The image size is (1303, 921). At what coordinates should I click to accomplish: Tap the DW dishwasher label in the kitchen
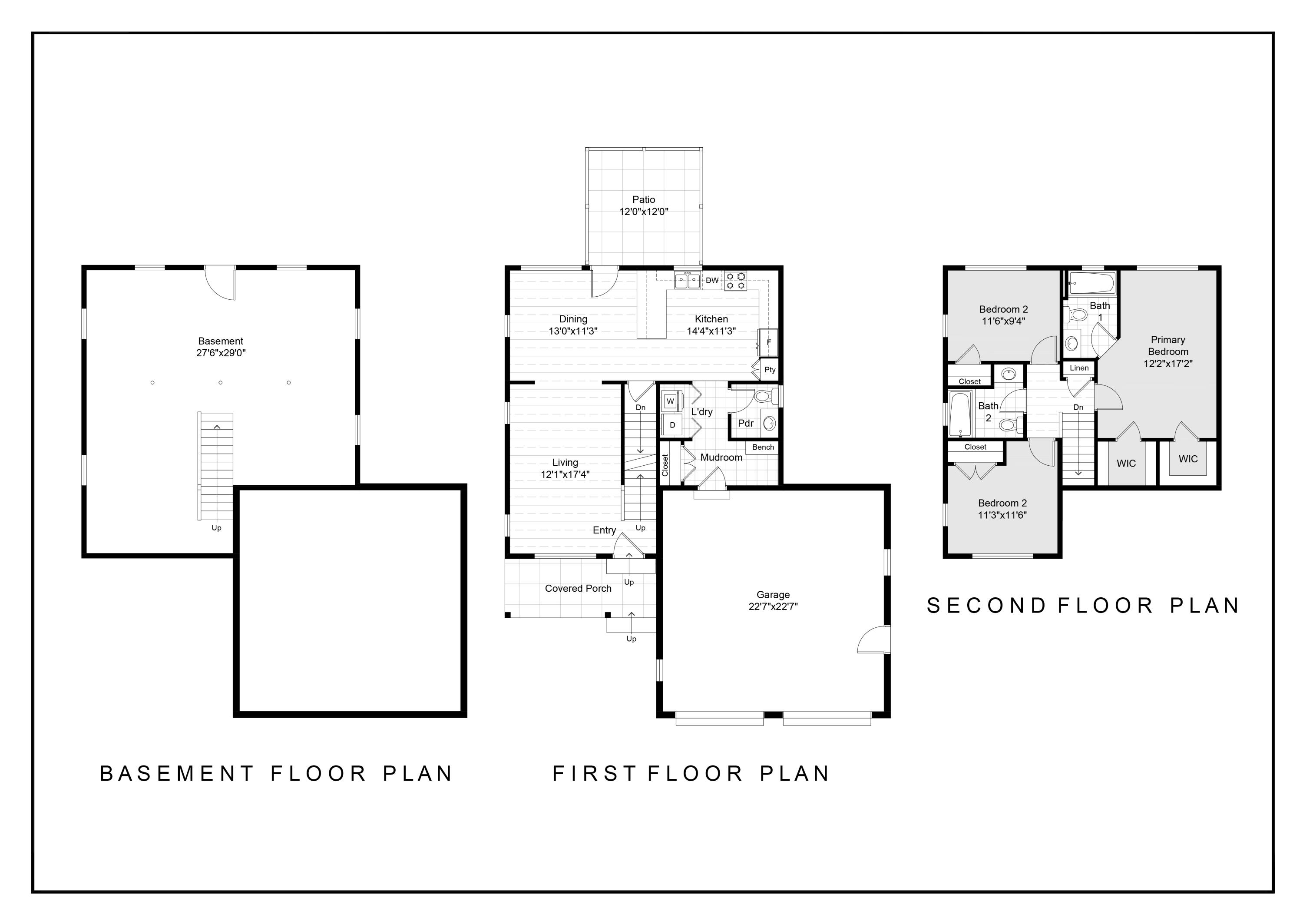pyautogui.click(x=712, y=280)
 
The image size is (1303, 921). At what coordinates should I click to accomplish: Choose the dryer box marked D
pyautogui.click(x=672, y=425)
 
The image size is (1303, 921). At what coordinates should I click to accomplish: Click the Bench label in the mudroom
pyautogui.click(x=763, y=447)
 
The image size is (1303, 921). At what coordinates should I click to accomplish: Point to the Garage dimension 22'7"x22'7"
pyautogui.click(x=773, y=606)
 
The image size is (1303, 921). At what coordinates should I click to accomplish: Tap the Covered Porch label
pyautogui.click(x=578, y=589)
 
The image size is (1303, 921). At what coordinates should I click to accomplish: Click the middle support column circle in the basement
pyautogui.click(x=221, y=382)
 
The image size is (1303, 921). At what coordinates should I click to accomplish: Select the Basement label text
pyautogui.click(x=220, y=341)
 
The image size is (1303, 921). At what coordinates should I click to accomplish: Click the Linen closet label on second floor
pyautogui.click(x=1079, y=368)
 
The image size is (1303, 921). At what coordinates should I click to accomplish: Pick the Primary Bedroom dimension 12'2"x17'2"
pyautogui.click(x=1168, y=364)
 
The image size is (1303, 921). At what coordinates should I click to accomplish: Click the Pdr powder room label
pyautogui.click(x=746, y=423)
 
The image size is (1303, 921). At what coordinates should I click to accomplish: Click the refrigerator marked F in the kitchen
pyautogui.click(x=768, y=342)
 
